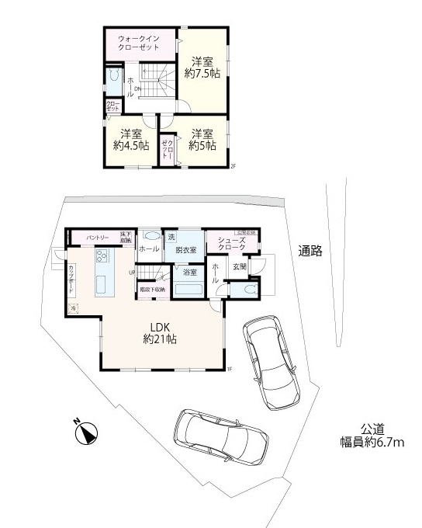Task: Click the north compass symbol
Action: pyautogui.click(x=85, y=432)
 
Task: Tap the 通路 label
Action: pyautogui.click(x=310, y=251)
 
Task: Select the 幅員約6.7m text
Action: pyautogui.click(x=372, y=443)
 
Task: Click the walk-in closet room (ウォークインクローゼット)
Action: pyautogui.click(x=140, y=43)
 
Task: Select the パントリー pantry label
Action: pyautogui.click(x=97, y=236)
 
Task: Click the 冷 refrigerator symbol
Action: pyautogui.click(x=73, y=308)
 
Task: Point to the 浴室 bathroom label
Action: pyautogui.click(x=189, y=272)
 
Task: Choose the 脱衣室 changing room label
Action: pyautogui.click(x=185, y=249)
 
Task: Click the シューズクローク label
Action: pyautogui.click(x=231, y=244)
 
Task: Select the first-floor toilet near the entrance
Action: pyautogui.click(x=248, y=289)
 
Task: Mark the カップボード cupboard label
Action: pyautogui.click(x=72, y=277)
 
